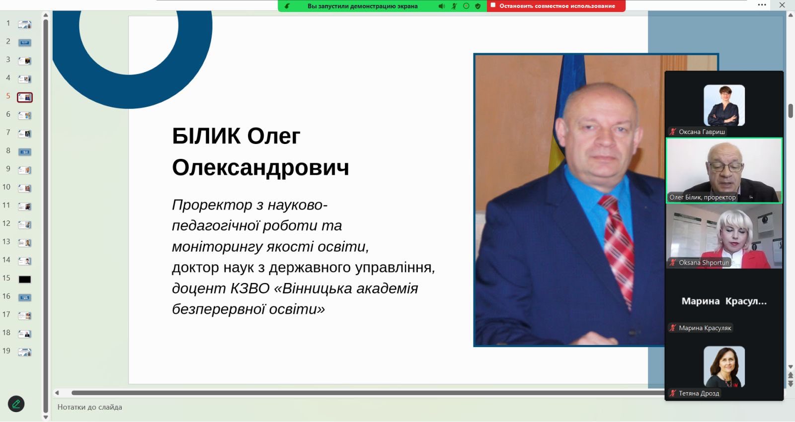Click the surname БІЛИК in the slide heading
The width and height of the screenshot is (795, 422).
206,136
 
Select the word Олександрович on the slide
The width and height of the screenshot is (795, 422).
260,167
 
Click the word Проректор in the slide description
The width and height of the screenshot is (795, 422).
212,206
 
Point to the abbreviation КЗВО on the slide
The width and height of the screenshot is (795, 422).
250,288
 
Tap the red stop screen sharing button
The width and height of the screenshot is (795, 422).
556,6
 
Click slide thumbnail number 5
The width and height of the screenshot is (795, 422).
25,97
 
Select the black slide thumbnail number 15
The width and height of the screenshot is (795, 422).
25,280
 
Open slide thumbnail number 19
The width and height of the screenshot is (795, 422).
25,352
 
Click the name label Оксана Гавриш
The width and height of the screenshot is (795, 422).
702,132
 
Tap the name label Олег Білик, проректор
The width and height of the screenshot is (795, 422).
703,197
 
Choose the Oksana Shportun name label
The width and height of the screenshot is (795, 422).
704,263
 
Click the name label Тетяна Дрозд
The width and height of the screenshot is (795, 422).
699,393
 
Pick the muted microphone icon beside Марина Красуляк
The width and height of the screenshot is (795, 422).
673,328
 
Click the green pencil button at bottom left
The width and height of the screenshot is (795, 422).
16,404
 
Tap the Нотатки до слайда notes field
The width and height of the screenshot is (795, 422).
90,407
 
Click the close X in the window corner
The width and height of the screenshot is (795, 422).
782,5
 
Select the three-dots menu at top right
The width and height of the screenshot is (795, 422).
762,5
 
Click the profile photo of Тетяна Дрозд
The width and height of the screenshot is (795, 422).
724,367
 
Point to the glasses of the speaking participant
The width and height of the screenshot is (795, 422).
724,167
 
